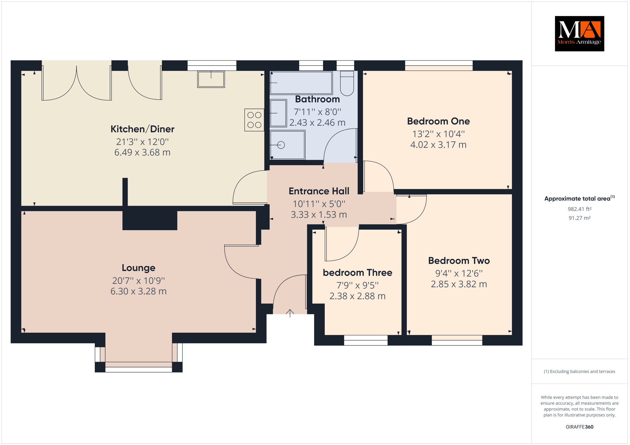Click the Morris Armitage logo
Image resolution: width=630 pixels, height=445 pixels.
579,33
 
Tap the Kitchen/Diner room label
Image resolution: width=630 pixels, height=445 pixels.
142,129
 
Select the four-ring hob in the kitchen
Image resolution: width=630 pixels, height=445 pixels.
254,120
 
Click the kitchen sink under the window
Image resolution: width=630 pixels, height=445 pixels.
211,79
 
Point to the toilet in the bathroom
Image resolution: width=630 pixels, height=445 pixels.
347,83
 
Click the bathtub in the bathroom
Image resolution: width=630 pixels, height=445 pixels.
301,83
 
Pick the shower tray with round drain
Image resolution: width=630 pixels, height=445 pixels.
288,145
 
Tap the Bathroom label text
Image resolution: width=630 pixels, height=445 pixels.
317,99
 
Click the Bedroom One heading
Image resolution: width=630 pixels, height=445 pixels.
438,121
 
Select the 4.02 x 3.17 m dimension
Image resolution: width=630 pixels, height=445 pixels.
438,144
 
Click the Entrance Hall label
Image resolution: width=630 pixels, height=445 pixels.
319,191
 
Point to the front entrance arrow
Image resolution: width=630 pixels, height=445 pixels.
290,313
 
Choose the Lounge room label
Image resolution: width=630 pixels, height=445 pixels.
138,268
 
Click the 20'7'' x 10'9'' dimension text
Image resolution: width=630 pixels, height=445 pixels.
138,280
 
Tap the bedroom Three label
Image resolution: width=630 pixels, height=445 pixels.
357,273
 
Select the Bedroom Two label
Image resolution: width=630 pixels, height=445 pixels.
459,261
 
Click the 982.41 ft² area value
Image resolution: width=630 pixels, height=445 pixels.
580,209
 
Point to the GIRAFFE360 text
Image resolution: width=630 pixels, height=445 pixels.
580,427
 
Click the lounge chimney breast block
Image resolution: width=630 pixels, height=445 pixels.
150,220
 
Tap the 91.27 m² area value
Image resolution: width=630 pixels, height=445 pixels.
580,218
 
